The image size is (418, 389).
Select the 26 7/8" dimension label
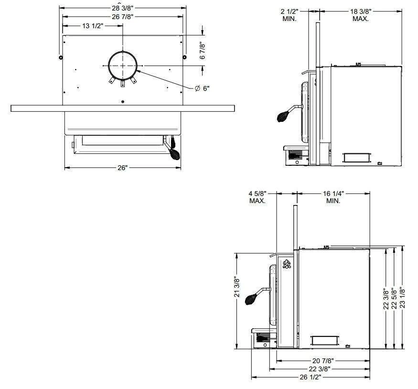click(x=122, y=17)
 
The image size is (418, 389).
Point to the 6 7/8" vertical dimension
click(x=203, y=50)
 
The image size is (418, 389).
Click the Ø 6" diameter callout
click(x=202, y=88)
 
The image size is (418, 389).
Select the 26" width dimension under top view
click(x=122, y=168)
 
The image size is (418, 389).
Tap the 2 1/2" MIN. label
click(x=289, y=15)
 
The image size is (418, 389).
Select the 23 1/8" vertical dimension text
click(x=402, y=297)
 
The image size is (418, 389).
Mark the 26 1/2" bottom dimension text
click(x=310, y=377)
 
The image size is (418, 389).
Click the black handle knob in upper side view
click(x=283, y=115)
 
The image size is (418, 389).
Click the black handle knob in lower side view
click(x=251, y=299)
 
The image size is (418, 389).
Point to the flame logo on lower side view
click(x=287, y=264)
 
